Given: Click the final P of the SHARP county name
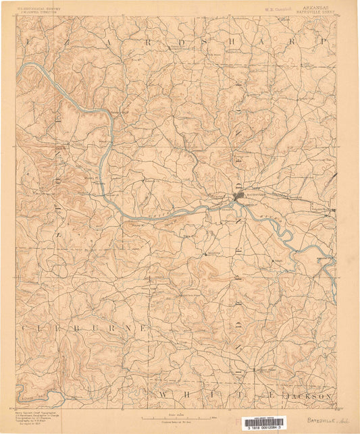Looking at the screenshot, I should (323, 42).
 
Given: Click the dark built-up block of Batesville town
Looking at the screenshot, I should (238, 196).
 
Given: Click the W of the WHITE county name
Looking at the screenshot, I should (162, 394).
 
